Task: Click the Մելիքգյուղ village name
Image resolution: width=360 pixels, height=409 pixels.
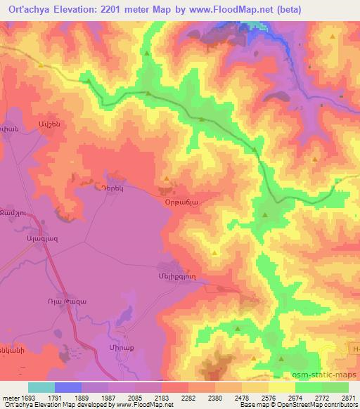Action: (173, 276)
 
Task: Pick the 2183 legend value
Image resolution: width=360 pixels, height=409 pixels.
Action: (160, 398)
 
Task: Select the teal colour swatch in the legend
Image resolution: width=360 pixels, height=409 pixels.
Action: (41, 387)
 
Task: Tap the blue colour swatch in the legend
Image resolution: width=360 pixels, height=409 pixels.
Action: (68, 387)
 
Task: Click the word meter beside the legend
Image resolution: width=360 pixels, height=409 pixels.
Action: (9, 398)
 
